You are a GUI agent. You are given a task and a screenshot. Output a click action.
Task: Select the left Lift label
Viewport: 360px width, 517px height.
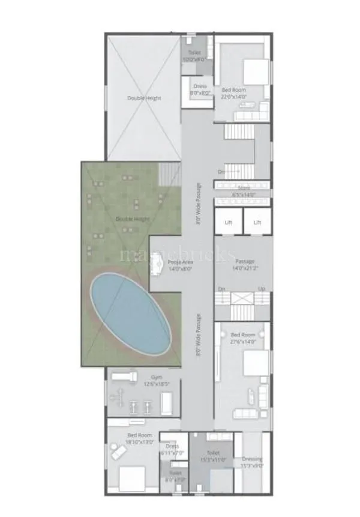pos(228,222)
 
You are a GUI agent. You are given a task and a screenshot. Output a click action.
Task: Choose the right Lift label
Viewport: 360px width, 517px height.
pos(257,222)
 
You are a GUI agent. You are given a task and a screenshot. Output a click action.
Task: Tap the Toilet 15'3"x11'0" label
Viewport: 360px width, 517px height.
pos(212,456)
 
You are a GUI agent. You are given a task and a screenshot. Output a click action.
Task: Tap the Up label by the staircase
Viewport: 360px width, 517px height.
pos(261,289)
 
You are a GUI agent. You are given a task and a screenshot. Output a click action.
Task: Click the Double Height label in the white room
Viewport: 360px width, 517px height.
pos(143,98)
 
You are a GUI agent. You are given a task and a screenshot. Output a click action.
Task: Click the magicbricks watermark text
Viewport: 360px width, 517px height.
pos(177,255)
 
